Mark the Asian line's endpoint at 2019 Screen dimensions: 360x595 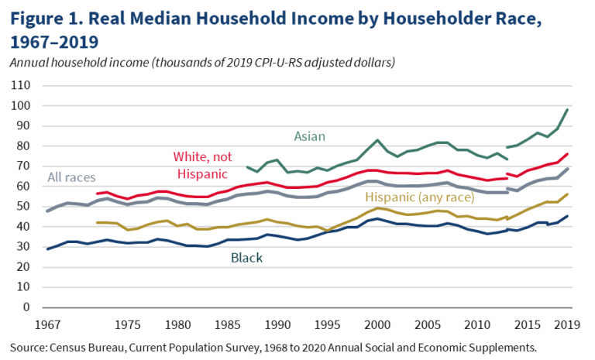coord(569,109)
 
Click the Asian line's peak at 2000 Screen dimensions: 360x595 coord(377,140)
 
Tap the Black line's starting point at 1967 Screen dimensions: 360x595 coord(48,249)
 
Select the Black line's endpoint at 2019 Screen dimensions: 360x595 coord(569,216)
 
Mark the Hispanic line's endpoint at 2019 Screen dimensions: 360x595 coord(569,194)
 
